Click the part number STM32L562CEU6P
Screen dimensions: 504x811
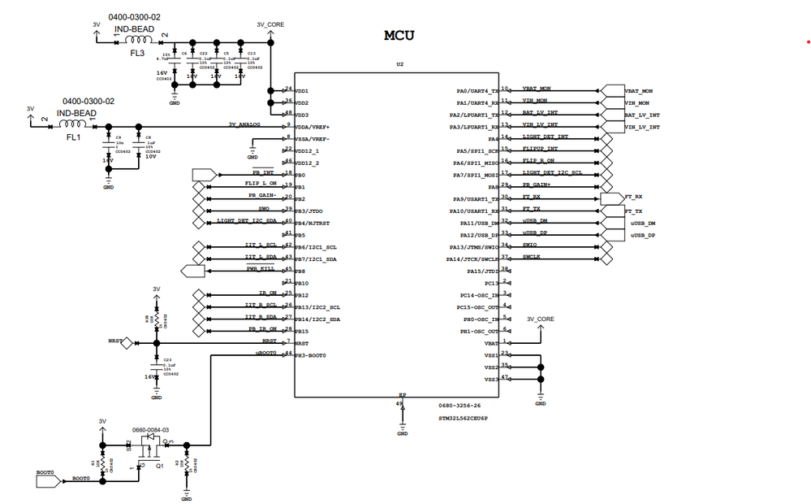[x=464, y=416]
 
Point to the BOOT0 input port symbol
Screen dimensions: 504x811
[x=48, y=480]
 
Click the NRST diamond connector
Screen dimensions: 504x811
[x=127, y=343]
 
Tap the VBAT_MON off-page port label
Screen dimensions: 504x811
[x=638, y=90]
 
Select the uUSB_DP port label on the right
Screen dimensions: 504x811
[x=642, y=235]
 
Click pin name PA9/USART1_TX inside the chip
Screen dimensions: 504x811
[x=479, y=198]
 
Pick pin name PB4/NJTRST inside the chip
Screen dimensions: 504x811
[x=313, y=223]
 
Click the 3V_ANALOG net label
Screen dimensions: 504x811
[x=244, y=124]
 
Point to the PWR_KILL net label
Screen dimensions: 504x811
[x=259, y=269]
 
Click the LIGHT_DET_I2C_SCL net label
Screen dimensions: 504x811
[x=551, y=172]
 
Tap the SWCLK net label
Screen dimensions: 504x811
[x=532, y=257]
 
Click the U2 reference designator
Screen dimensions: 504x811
[x=399, y=63]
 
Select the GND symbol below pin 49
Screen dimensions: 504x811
[x=402, y=428]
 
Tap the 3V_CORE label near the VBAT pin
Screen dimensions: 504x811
[x=541, y=319]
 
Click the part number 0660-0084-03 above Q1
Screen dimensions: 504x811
[x=150, y=429]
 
